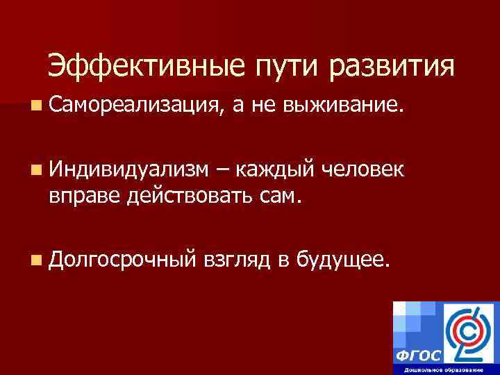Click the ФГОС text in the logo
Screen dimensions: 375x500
tap(418, 355)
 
